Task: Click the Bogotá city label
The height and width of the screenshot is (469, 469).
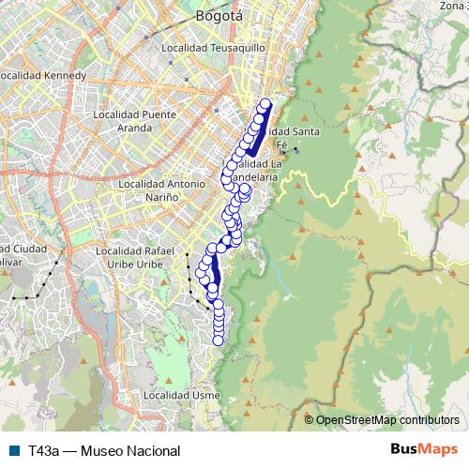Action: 219,15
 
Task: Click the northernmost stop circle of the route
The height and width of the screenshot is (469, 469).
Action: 265,104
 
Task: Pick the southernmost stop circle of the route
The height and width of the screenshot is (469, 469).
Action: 219,340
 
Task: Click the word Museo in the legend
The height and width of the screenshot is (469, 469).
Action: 102,450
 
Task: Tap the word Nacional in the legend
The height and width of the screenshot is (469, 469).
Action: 152,450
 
